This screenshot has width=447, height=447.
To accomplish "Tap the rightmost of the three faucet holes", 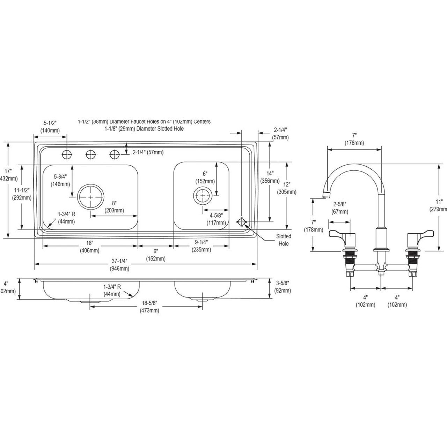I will pyautogui.click(x=115, y=154).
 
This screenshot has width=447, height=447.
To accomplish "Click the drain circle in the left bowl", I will pyautogui.click(x=91, y=197).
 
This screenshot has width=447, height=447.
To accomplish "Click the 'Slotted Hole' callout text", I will pyautogui.click(x=284, y=240).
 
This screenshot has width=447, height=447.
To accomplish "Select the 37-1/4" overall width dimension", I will pyautogui.click(x=120, y=265).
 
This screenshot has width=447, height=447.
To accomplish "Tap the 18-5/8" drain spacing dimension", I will pyautogui.click(x=149, y=307).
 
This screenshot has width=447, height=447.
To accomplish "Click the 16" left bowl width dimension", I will pyautogui.click(x=89, y=247).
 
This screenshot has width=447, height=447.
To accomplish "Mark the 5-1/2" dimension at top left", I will pyautogui.click(x=50, y=127).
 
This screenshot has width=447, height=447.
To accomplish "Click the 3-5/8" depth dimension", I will pyautogui.click(x=283, y=287).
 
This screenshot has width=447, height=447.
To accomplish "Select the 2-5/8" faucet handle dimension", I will pyautogui.click(x=340, y=208).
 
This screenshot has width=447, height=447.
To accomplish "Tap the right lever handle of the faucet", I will pyautogui.click(x=423, y=233).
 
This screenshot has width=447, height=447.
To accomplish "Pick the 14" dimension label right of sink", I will pyautogui.click(x=269, y=177).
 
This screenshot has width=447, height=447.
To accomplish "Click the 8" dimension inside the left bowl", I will pyautogui.click(x=114, y=207).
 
